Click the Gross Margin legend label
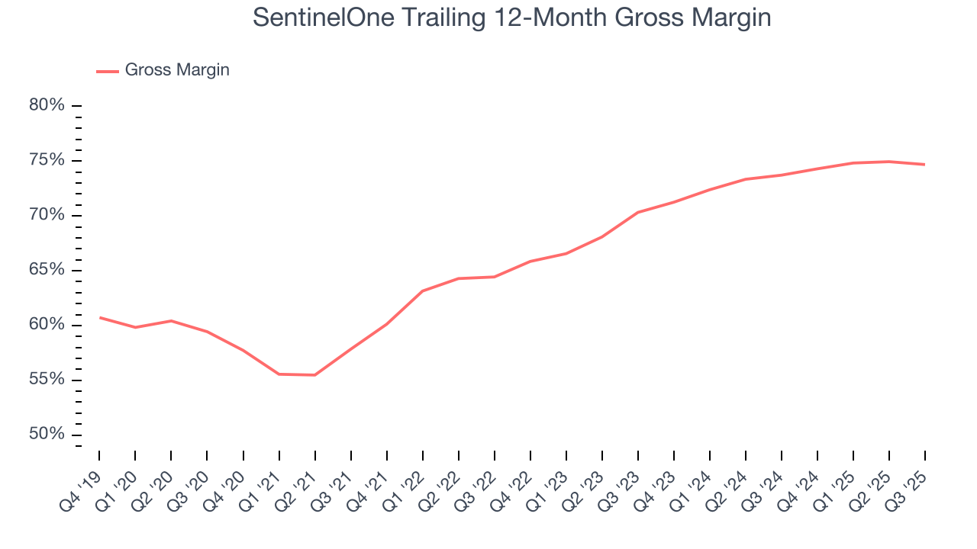coord(177,70)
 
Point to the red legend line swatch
coord(108,71)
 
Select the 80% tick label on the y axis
coord(47,105)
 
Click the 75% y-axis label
coord(47,160)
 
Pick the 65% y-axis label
coord(47,270)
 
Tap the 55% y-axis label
coord(47,380)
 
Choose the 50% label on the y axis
coord(47,435)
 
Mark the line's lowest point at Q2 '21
coord(314,374)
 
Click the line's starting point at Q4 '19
coord(100,317)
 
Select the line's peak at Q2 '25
coord(888,161)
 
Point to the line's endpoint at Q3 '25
coord(924,164)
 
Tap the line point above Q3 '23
coord(637,212)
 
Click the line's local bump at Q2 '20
coord(171,320)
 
